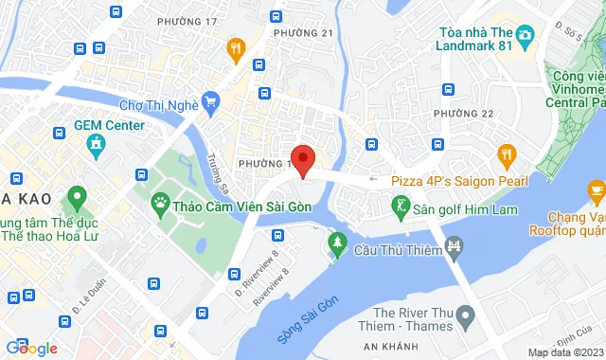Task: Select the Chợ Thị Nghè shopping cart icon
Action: coord(211,101)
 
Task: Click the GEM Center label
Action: coord(110,125)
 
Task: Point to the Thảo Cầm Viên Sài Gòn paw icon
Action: coord(160,203)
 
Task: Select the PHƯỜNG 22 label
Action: coord(464,114)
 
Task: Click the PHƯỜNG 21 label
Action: coord(302,33)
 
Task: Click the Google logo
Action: coord(31,349)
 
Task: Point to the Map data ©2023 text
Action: coord(563,352)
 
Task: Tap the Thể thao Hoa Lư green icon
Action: coord(76,201)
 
